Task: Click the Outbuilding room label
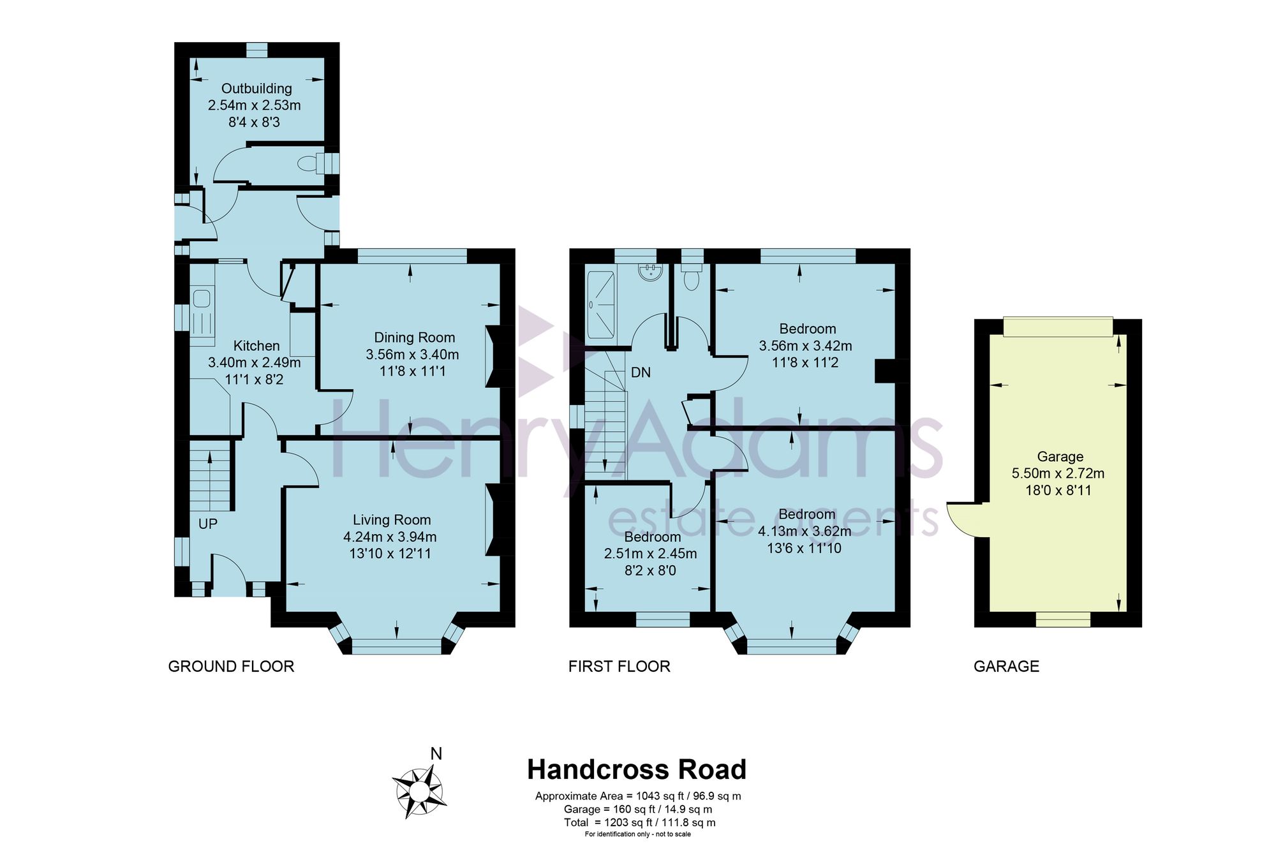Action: click(256, 89)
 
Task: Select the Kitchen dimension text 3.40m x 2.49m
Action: click(254, 362)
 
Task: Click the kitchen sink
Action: click(202, 299)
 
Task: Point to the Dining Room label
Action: click(414, 337)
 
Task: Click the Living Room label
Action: click(392, 520)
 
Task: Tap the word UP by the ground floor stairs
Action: click(208, 524)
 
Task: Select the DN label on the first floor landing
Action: click(641, 372)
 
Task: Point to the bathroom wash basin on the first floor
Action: click(651, 270)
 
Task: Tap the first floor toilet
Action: click(692, 276)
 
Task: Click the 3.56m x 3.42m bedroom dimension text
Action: click(805, 346)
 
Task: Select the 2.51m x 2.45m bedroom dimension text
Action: click(650, 554)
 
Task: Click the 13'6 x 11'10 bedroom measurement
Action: click(804, 548)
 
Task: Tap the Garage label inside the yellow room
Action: click(1060, 457)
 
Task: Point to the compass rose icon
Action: click(419, 792)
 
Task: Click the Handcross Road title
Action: click(637, 769)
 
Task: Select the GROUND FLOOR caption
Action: click(231, 667)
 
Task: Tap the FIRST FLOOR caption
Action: click(619, 667)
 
